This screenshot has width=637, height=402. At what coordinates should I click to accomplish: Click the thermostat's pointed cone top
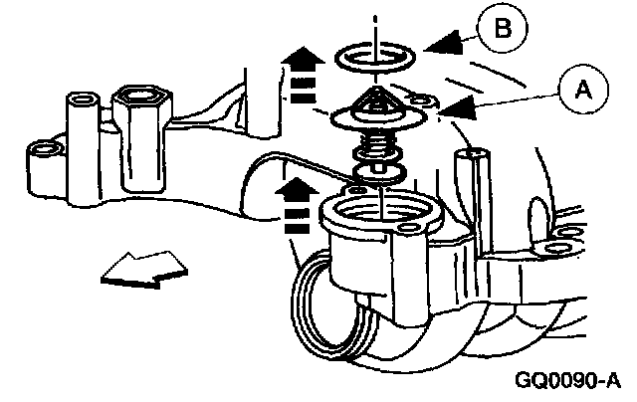[373, 98]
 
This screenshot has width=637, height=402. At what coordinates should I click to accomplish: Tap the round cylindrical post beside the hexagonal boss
[79, 103]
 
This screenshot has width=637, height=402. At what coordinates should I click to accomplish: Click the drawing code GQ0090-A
[567, 381]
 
